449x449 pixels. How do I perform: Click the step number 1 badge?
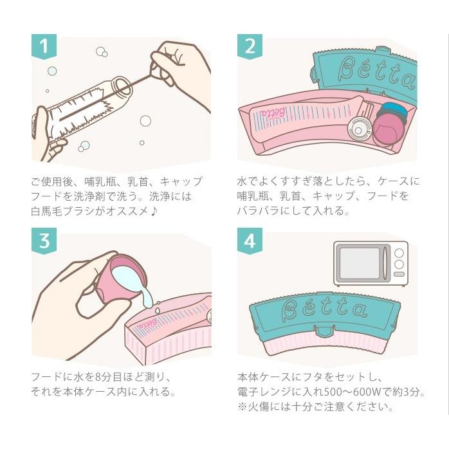(x=44, y=46)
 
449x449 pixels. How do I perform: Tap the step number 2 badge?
(x=250, y=46)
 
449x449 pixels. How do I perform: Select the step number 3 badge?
(x=44, y=241)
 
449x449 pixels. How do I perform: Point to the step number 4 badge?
(x=250, y=241)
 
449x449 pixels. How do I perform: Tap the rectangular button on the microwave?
(x=399, y=274)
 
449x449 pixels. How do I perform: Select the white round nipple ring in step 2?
(x=358, y=129)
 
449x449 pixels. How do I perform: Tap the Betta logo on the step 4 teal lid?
(x=324, y=309)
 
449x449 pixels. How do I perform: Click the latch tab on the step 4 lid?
(x=324, y=331)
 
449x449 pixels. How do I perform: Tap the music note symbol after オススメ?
(x=154, y=212)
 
